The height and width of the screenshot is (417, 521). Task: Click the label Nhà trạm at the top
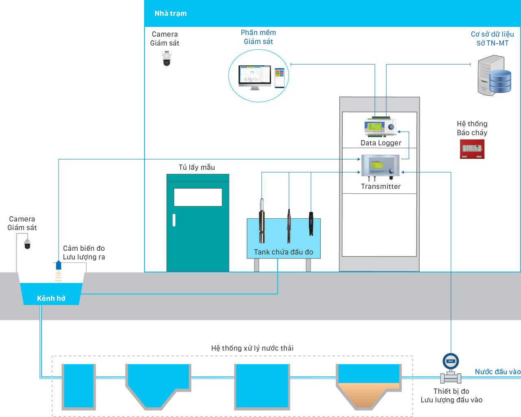pyautogui.click(x=171, y=13)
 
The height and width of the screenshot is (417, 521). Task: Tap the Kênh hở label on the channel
pyautogui.click(x=51, y=298)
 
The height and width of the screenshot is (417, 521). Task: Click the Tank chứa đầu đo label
pyautogui.click(x=283, y=252)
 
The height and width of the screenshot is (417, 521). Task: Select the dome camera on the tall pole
pyautogui.click(x=166, y=59)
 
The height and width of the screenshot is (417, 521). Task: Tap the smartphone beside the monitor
pyautogui.click(x=280, y=77)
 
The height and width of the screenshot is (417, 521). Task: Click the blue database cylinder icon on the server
pyautogui.click(x=500, y=81)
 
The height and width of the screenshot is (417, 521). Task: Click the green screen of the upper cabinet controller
pyautogui.click(x=374, y=127)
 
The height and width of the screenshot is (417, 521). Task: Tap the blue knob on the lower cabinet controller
pyautogui.click(x=391, y=171)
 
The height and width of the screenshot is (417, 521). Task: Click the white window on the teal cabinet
pyautogui.click(x=198, y=198)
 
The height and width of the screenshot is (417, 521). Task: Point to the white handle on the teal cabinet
pyautogui.click(x=174, y=220)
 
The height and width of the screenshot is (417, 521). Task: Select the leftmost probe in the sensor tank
pyautogui.click(x=262, y=222)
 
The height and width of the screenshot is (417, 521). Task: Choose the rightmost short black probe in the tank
pyautogui.click(x=311, y=224)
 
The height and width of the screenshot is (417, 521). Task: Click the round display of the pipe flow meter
pyautogui.click(x=451, y=361)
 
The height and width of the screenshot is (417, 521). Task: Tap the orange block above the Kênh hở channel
pyautogui.click(x=69, y=278)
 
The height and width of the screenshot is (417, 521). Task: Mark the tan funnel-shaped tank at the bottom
pyautogui.click(x=363, y=394)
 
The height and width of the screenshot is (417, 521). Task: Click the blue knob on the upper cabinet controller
pyautogui.click(x=392, y=127)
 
